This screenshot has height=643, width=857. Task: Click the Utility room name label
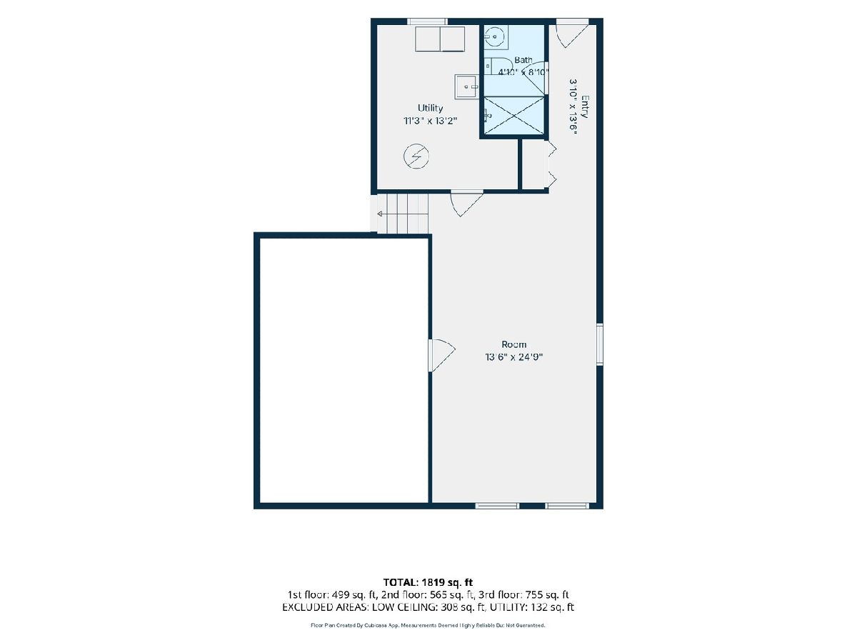point(430,108)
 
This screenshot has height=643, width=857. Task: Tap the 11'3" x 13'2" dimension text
point(430,121)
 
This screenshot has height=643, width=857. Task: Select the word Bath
point(523,60)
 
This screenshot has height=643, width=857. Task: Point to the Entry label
point(584,106)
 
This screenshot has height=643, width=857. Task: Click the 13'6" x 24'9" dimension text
point(513,357)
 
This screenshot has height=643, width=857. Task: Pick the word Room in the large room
point(513,344)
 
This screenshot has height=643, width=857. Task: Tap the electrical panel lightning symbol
point(416,156)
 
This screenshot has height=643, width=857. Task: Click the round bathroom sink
point(495,36)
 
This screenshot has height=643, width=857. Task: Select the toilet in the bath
point(498,66)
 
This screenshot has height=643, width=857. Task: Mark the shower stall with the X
point(513,115)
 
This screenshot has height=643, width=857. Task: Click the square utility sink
point(466,86)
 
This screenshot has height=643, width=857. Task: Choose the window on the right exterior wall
point(599,344)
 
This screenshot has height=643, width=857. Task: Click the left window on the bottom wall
point(497,506)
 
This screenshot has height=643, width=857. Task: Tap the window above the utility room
point(427,21)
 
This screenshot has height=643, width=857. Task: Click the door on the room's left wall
point(441,355)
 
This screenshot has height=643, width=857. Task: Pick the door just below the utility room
point(467,203)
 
